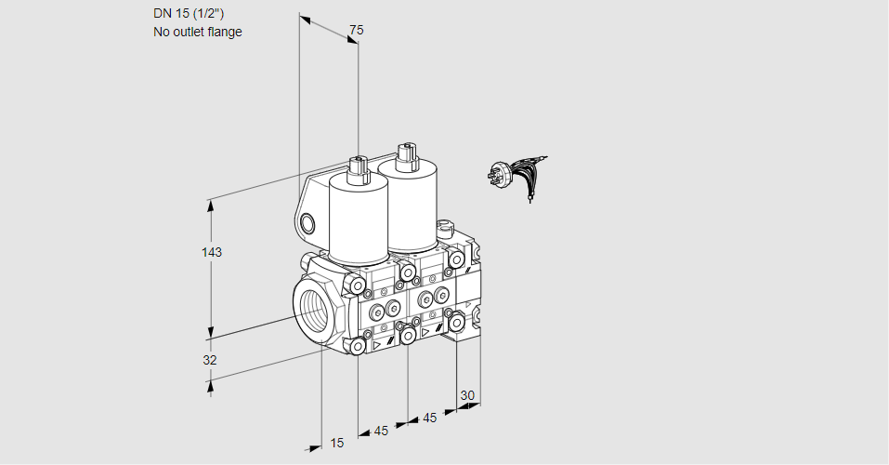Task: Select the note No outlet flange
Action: (197, 32)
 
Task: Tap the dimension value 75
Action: (356, 30)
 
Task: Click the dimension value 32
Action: (210, 360)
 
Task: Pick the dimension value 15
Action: (336, 443)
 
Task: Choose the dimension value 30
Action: (467, 395)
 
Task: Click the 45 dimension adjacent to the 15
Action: (382, 431)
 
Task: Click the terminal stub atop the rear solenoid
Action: (405, 153)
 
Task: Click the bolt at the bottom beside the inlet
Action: (358, 346)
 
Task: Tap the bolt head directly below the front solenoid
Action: (358, 285)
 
